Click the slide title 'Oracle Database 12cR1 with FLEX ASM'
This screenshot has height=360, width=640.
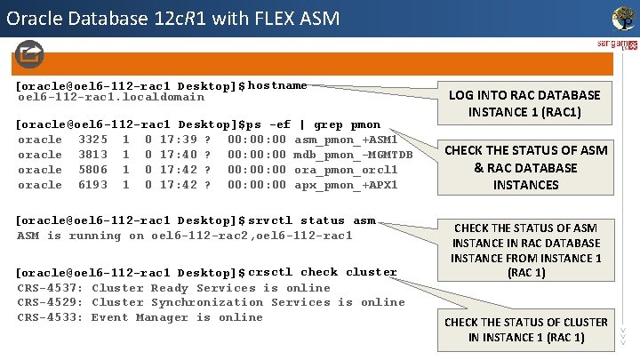172,17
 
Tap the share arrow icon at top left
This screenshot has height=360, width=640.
28,55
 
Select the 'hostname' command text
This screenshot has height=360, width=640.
277,85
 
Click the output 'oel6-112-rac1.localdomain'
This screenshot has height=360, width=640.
111,97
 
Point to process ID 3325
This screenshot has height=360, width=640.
93,140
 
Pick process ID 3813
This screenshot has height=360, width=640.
93,155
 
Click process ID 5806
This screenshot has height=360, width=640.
93,170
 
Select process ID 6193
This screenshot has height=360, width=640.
93,185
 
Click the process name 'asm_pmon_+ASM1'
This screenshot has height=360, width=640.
346,140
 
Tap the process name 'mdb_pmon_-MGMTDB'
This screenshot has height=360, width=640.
353,155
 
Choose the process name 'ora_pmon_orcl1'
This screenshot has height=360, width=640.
346,170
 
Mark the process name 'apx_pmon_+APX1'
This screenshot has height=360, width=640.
346,185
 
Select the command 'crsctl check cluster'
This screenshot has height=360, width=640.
322,272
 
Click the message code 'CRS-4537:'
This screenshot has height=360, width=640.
51,288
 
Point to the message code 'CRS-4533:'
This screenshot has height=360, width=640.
51,317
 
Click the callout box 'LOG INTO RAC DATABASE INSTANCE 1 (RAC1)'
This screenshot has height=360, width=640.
524,103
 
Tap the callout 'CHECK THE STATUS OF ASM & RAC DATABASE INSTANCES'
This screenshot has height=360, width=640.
526,167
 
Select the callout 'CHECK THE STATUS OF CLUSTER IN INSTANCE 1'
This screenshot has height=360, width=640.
526,329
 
